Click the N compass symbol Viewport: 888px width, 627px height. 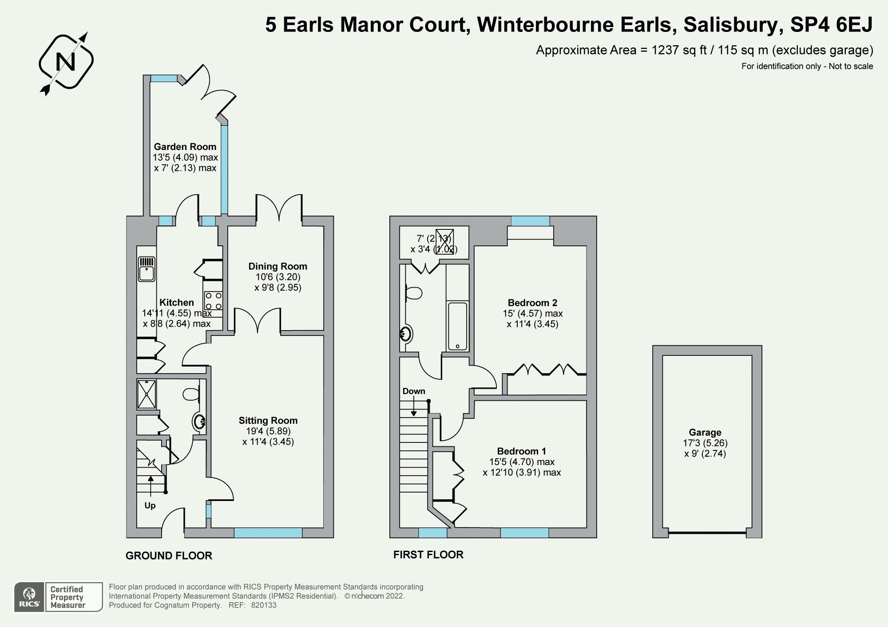click(x=66, y=63)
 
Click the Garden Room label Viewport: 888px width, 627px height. click(x=185, y=147)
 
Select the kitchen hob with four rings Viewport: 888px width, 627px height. click(x=213, y=300)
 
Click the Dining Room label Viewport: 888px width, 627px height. click(x=277, y=266)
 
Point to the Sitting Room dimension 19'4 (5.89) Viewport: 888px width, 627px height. click(x=268, y=431)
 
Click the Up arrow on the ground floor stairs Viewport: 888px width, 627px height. click(x=151, y=484)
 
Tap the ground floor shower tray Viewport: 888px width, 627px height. click(x=147, y=394)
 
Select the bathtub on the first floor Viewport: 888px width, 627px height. click(x=457, y=326)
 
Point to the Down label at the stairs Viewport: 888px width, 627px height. click(x=414, y=391)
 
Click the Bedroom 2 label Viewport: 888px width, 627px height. click(x=532, y=303)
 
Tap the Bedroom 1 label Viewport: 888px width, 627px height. click(x=521, y=451)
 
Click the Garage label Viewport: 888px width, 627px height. click(x=705, y=432)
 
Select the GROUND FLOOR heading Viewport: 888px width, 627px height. click(x=169, y=556)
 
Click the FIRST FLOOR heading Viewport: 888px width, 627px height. click(x=428, y=555)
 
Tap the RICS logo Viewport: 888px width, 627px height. click(x=29, y=597)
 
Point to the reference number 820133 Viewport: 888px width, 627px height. click(x=264, y=605)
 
